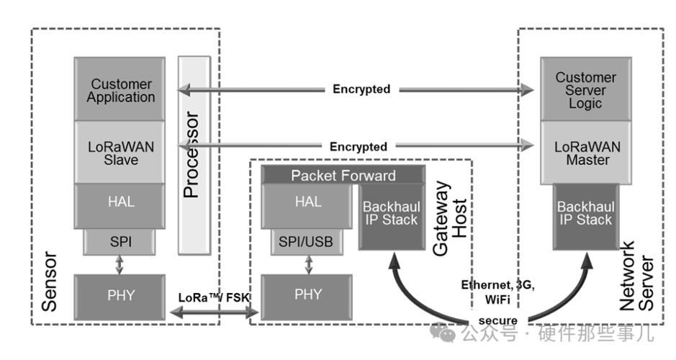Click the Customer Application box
pyautogui.click(x=122, y=90)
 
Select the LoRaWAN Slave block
pyautogui.click(x=122, y=152)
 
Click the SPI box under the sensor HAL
pyautogui.click(x=120, y=243)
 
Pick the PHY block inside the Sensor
pyautogui.click(x=120, y=295)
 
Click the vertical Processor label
pyautogui.click(x=192, y=155)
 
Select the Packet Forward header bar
pyautogui.click(x=343, y=176)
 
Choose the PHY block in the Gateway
pyautogui.click(x=308, y=295)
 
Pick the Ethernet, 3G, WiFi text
pyautogui.click(x=497, y=291)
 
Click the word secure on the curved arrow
pyautogui.click(x=497, y=320)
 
